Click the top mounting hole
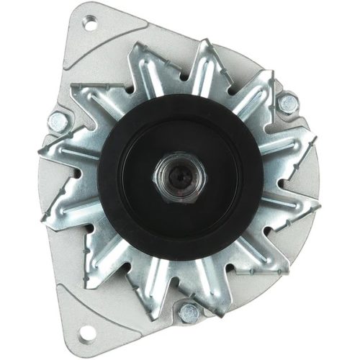click(90, 24)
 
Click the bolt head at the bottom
click(189, 310)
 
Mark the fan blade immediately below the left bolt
click(65, 155)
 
